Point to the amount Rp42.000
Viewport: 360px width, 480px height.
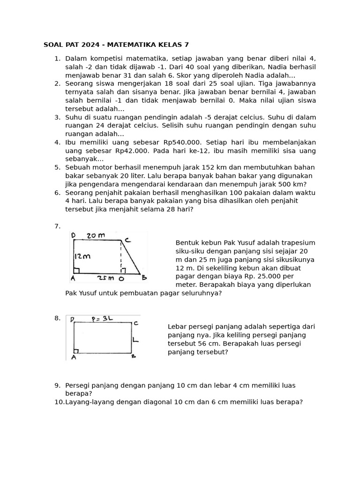click(133, 151)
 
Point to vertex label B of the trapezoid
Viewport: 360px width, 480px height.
click(144, 277)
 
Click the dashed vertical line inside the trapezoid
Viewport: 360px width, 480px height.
click(122, 257)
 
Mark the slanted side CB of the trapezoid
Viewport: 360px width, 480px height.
click(131, 257)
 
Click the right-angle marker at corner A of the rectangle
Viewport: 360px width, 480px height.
click(76, 351)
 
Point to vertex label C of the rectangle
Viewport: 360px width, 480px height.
click(135, 323)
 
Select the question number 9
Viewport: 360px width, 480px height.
click(57, 385)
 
